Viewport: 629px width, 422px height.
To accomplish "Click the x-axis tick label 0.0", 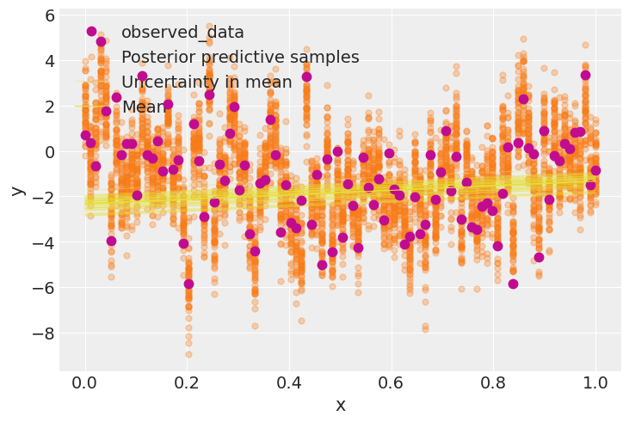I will click(x=84, y=382).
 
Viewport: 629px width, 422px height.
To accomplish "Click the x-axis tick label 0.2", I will click(x=187, y=382).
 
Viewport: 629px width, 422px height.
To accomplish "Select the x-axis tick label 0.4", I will click(x=289, y=382).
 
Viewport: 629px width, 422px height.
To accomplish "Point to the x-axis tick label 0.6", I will click(x=392, y=382).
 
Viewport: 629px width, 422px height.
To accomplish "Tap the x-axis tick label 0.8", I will click(x=494, y=382).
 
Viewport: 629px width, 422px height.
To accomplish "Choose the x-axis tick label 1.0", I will click(x=596, y=382).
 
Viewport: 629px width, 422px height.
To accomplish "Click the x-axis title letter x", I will click(x=340, y=406).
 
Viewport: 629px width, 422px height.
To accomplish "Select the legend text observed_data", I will click(x=182, y=33).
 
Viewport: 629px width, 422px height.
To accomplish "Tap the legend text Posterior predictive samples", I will click(x=240, y=58).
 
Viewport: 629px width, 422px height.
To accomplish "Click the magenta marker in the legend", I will click(x=91, y=32).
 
